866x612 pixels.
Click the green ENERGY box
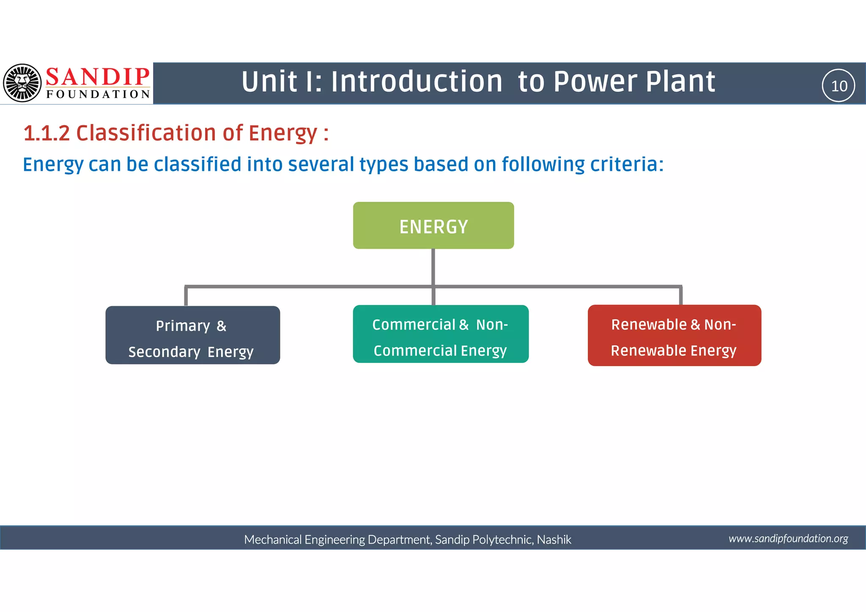pos(433,225)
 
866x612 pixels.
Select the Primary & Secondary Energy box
pos(192,335)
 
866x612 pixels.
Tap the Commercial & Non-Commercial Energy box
pos(441,334)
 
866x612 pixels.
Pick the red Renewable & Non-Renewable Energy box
pos(674,335)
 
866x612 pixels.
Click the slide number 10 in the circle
pos(839,86)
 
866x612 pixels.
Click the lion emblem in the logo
pos(22,83)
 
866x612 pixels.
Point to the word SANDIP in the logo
pos(98,77)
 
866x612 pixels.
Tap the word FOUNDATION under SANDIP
pos(98,94)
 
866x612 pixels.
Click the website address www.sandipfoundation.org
pos(788,538)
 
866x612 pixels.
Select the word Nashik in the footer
pos(554,540)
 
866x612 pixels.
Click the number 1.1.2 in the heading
pos(47,133)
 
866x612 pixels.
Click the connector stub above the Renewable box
pos(681,296)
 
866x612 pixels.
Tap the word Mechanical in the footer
pos(273,540)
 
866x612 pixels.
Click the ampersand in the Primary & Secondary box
pos(222,326)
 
